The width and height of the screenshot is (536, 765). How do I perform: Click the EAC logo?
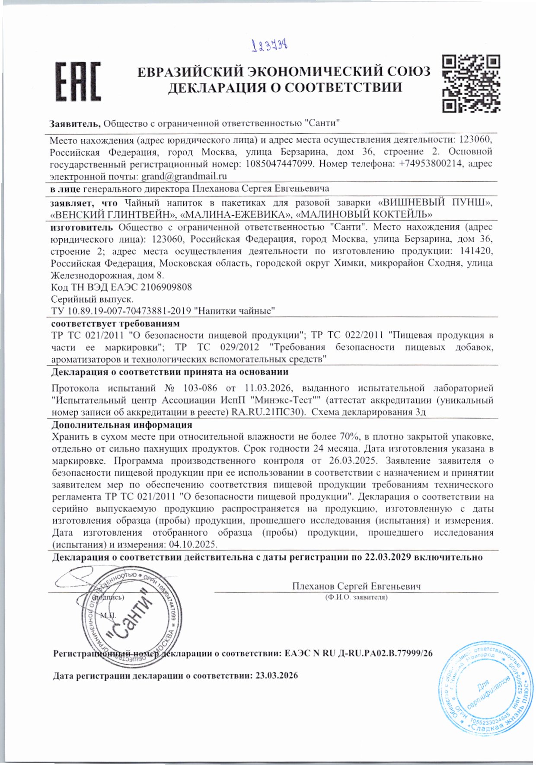[78, 82]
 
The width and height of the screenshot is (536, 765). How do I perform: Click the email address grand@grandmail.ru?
[184, 176]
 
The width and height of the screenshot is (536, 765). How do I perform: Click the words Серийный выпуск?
[92, 299]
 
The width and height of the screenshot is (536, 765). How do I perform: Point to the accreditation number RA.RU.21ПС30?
[270, 412]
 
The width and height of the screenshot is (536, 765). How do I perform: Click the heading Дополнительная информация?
[121, 425]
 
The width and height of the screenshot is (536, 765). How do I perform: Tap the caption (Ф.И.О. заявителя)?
[356, 597]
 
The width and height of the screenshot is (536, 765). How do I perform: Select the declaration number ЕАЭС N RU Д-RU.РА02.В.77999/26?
[359, 653]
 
